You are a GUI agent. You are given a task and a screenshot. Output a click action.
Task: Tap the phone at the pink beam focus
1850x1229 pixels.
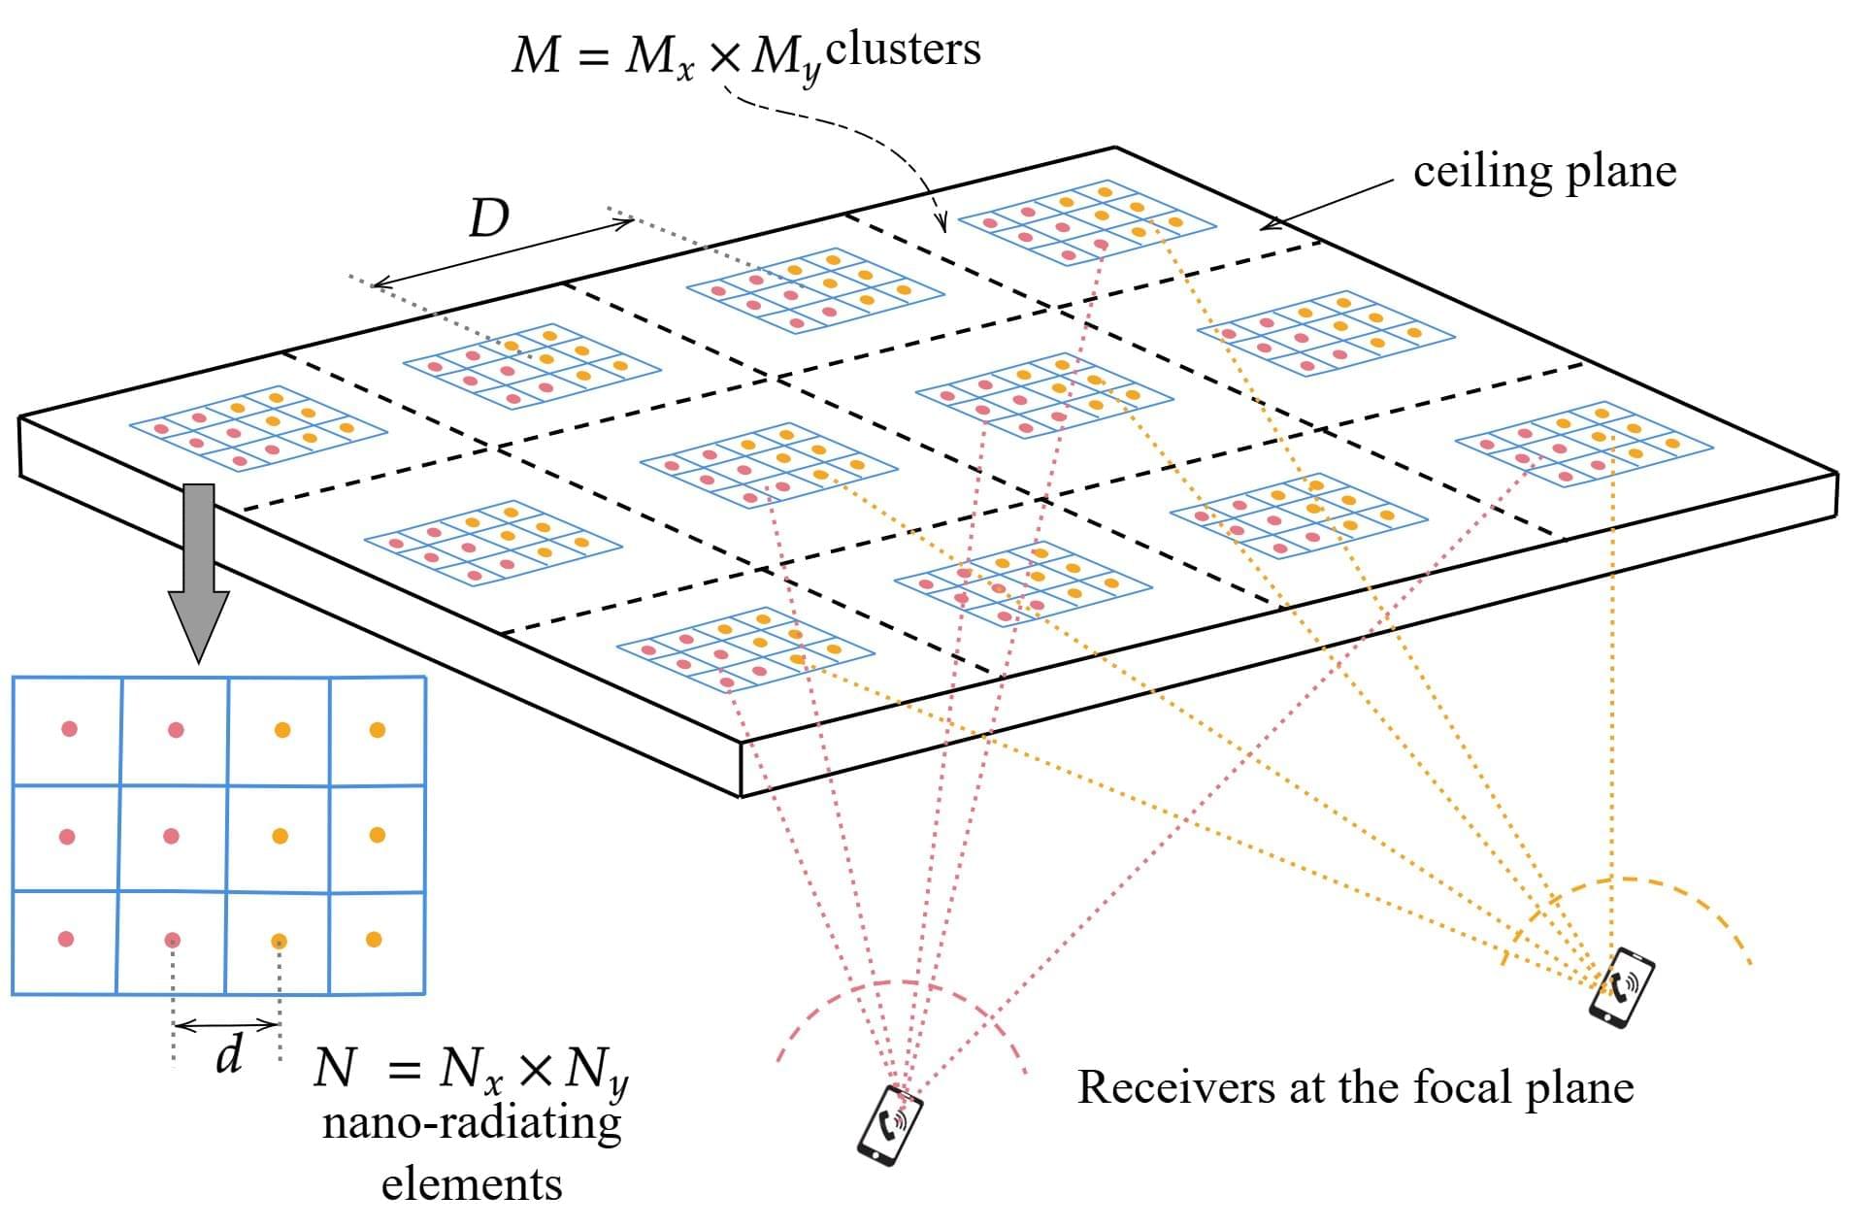[889, 1124]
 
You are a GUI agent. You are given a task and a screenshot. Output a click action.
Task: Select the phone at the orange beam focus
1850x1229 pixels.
[1621, 986]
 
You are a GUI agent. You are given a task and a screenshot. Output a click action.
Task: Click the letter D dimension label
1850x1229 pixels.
[488, 219]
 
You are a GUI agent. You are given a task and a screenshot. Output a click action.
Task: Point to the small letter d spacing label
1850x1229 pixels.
[229, 1054]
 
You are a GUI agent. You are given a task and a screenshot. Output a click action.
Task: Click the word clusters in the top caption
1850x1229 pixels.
[903, 49]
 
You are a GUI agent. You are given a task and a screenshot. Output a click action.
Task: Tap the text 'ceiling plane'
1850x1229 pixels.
[1544, 172]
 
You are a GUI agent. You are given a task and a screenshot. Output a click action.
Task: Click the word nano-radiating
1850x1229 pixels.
[472, 1124]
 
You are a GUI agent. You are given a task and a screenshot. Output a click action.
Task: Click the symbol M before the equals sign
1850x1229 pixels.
[536, 55]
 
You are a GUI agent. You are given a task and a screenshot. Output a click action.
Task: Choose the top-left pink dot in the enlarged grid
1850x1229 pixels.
[69, 728]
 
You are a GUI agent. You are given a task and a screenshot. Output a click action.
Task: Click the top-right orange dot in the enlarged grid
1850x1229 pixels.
[378, 730]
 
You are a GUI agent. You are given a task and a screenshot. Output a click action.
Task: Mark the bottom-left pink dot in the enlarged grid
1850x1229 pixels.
[66, 939]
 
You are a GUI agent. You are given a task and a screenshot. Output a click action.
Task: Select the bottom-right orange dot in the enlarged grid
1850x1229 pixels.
[374, 939]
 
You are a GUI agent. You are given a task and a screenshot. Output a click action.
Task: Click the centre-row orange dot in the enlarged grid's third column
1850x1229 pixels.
[280, 836]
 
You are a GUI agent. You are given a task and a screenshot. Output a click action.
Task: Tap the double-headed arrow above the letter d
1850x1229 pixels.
[226, 1024]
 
